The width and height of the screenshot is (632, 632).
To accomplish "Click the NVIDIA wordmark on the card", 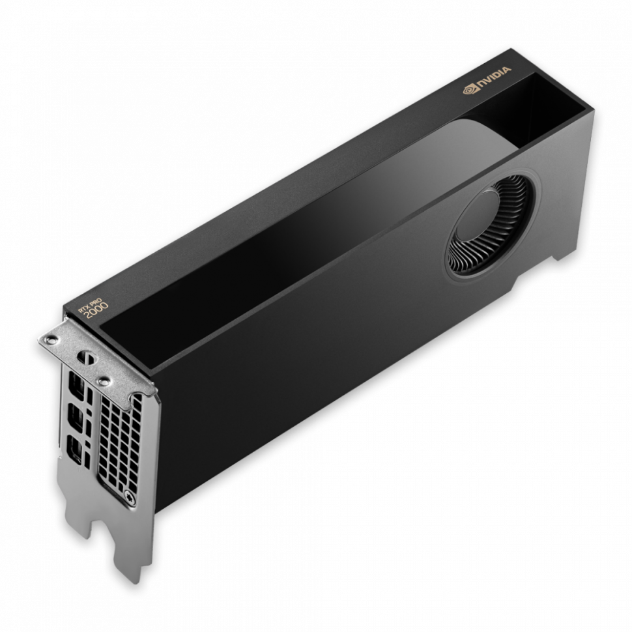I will pos(495,81).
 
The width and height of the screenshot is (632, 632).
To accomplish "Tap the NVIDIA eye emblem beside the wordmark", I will pos(469,90).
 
